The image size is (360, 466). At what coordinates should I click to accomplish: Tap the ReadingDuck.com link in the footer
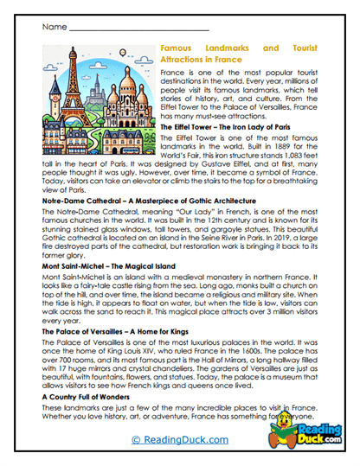point(179,440)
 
